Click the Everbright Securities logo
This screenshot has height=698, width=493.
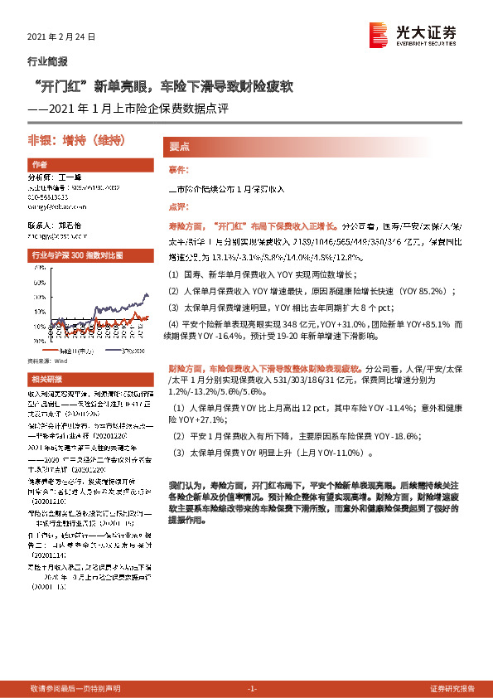tap(412, 34)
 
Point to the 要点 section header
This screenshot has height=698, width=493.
tap(179, 146)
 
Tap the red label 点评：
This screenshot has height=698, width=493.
tap(178, 206)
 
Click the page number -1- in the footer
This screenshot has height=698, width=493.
tap(253, 689)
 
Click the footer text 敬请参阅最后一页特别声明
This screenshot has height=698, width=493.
tap(75, 689)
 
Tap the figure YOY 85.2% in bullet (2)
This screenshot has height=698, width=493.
tap(448, 291)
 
